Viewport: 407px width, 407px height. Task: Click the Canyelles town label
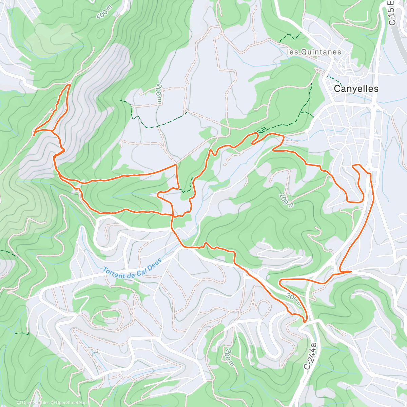tap(356, 89)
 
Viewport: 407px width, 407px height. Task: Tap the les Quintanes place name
tap(314, 52)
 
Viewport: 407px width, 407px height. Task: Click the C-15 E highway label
tap(392, 13)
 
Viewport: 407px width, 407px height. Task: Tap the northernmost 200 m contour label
tap(159, 92)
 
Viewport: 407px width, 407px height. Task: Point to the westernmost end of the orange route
tap(34, 135)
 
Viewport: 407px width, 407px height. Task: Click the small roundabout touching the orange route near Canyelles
tap(369, 170)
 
